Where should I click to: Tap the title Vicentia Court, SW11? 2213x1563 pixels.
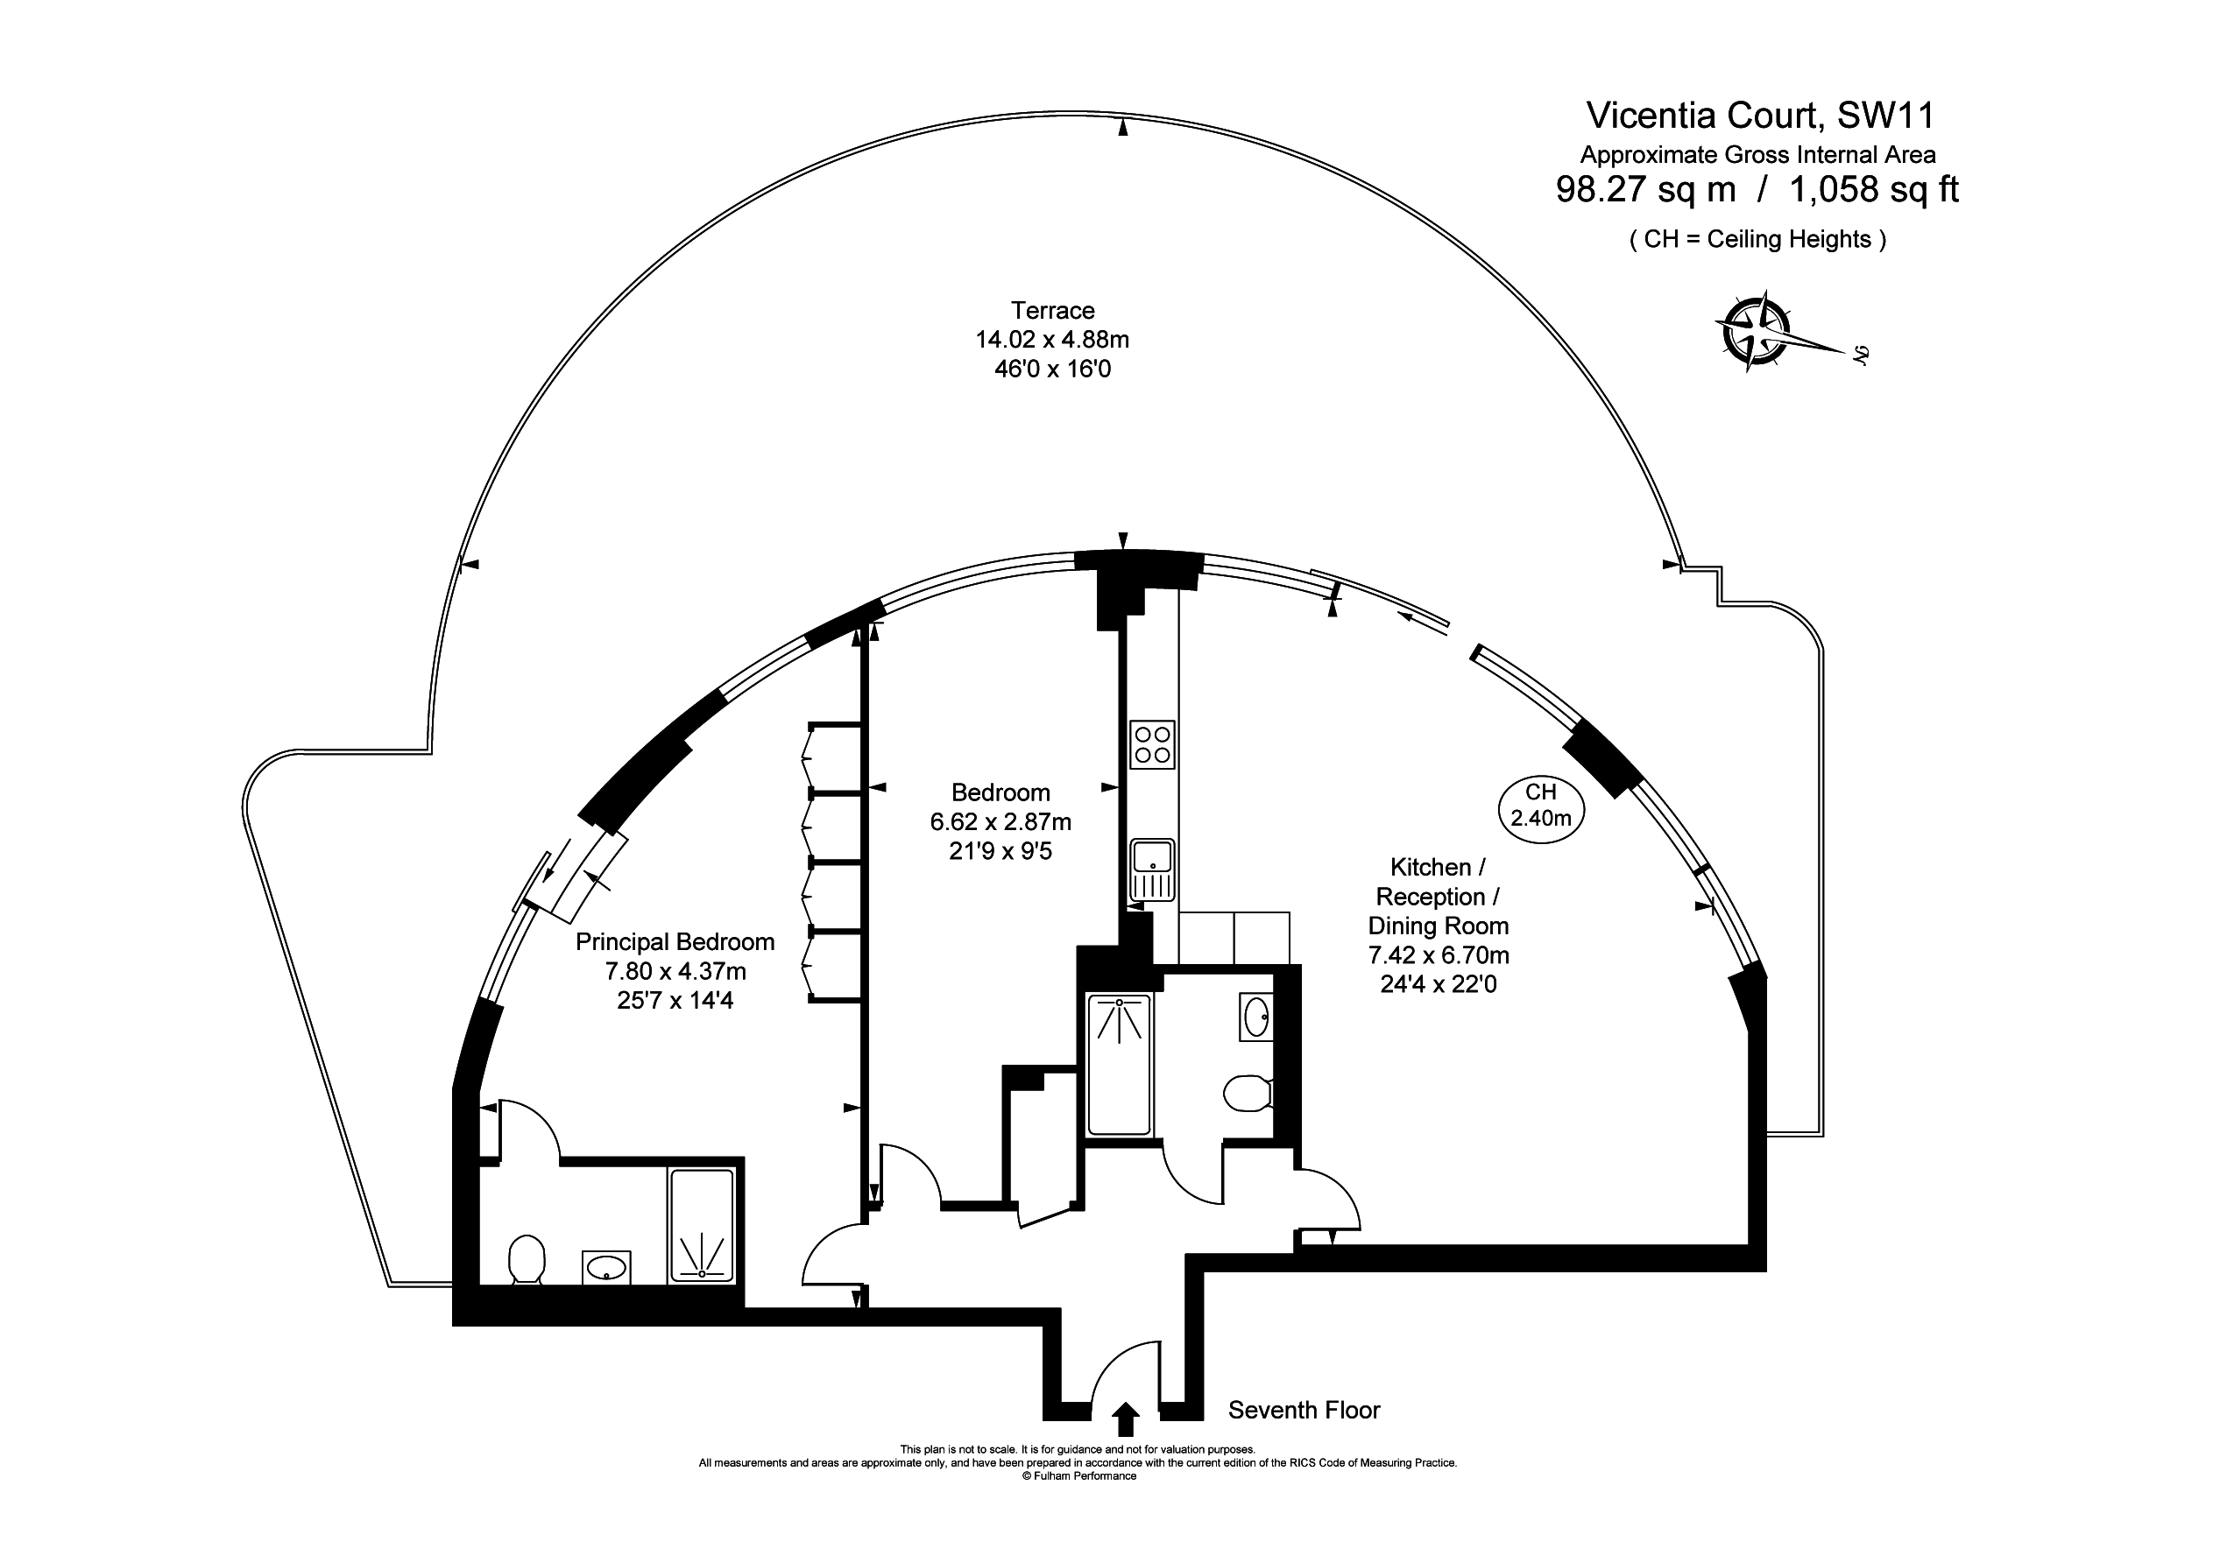(1760, 116)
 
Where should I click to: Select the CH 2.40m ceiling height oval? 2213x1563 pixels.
(1540, 806)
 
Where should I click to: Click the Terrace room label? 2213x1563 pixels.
(1052, 310)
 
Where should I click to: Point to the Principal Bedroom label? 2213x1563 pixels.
(675, 941)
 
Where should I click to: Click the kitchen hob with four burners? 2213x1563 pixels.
(1153, 745)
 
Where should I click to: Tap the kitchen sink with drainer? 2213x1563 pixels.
(1153, 870)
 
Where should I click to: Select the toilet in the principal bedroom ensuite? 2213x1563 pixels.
(527, 1258)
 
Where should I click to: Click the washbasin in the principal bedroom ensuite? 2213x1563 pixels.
(606, 1267)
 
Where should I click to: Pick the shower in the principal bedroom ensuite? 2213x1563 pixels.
(702, 1225)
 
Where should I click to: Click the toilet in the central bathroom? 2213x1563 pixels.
(1248, 1094)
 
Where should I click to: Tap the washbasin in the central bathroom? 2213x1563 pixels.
(1256, 1017)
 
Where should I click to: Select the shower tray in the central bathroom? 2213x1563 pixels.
(1119, 1064)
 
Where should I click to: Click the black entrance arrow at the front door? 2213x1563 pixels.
(1125, 1419)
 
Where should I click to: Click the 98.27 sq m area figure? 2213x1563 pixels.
(1645, 190)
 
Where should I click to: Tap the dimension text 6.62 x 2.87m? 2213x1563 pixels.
(1000, 822)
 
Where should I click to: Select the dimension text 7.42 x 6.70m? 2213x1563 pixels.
(1438, 955)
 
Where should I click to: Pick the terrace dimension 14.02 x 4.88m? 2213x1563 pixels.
(1052, 339)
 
